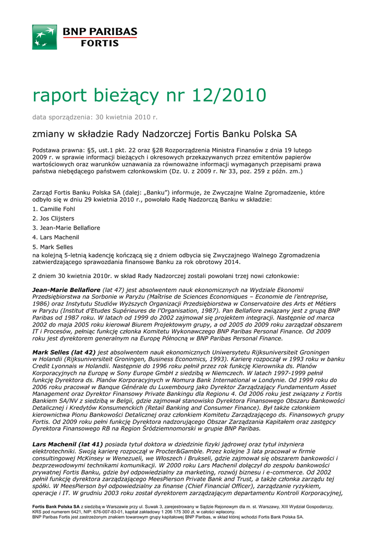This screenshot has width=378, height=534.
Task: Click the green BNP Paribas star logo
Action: [44, 37]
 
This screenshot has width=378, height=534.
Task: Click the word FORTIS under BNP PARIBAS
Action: [100, 44]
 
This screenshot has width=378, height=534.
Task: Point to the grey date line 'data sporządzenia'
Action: [94, 117]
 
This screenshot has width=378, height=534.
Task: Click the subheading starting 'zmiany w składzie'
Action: [164, 134]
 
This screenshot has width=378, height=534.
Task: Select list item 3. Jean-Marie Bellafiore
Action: [66, 228]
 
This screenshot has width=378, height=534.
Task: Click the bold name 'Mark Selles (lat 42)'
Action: [64, 353]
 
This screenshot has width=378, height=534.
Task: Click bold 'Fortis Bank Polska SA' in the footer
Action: [56, 506]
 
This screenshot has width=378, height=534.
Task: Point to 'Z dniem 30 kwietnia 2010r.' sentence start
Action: [73, 276]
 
